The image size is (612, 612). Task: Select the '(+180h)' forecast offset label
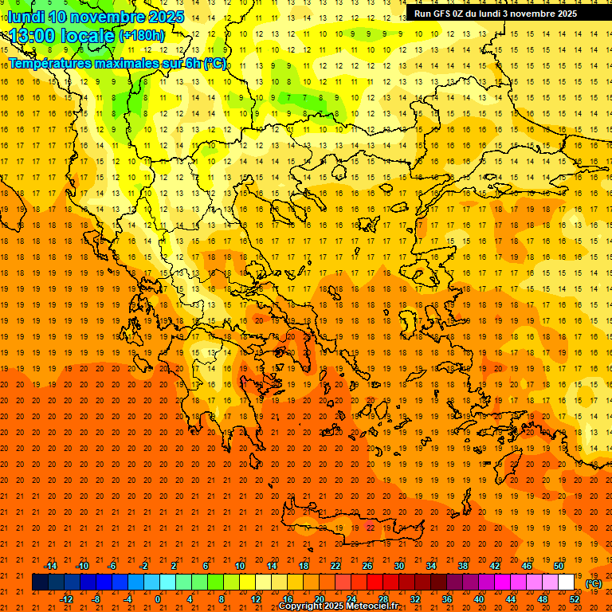tap(142, 35)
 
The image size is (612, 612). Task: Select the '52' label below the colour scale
tap(575, 599)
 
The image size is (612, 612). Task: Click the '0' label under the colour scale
tap(159, 599)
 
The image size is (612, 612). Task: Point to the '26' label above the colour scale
tap(367, 566)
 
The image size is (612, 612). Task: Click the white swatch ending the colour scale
tap(566, 583)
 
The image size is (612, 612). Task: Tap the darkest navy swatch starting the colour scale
tap(40, 583)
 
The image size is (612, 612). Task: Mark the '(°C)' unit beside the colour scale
tap(594, 583)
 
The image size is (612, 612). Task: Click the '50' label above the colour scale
tap(559, 566)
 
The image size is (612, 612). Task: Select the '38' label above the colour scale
tap(463, 566)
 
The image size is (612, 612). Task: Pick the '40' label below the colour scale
tap(479, 599)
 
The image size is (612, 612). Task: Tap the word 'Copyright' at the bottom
tap(301, 606)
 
